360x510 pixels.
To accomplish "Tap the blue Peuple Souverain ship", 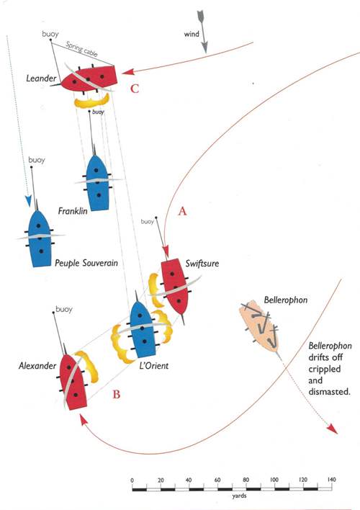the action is [x=40, y=238].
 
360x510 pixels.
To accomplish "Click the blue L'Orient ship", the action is [x=142, y=328].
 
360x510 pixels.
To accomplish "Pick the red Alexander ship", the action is [x=73, y=380].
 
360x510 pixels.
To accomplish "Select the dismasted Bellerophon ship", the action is [x=259, y=326].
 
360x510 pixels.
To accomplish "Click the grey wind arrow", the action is [x=202, y=32].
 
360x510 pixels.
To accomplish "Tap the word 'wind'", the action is [x=192, y=34].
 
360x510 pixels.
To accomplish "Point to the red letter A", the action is [x=182, y=211].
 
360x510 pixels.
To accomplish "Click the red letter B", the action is [x=116, y=395].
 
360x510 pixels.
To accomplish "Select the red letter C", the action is [x=135, y=89].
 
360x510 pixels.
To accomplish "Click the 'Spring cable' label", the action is [x=81, y=49].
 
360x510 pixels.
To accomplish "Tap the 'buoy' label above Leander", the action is [x=50, y=34].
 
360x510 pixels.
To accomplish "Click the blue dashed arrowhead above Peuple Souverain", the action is [x=29, y=201].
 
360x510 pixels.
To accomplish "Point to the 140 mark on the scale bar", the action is [x=331, y=480].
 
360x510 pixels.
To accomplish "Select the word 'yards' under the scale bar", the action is [x=239, y=496].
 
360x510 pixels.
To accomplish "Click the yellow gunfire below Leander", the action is [x=92, y=101].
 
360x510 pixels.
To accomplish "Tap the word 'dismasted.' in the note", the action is [x=330, y=392].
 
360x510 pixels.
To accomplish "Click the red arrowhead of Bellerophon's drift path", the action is [x=333, y=429].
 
